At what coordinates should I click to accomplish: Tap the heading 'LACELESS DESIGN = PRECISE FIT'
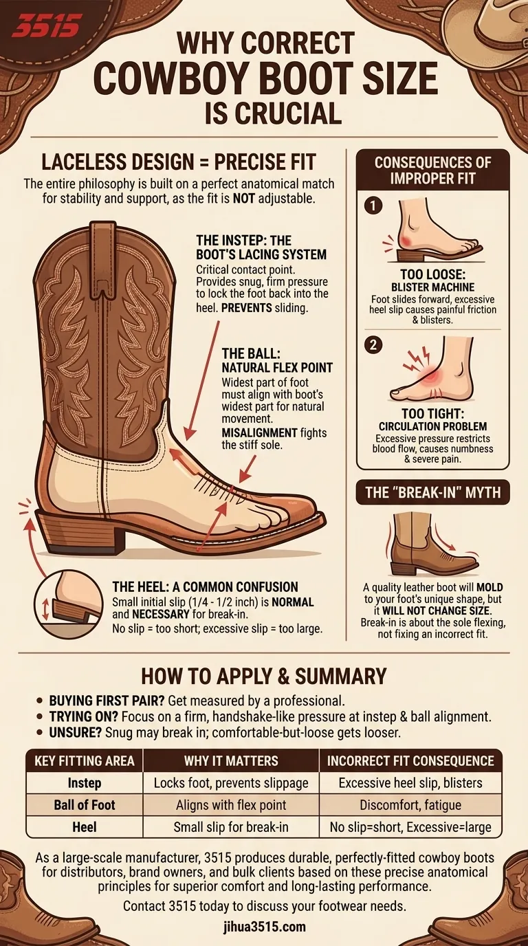click(179, 163)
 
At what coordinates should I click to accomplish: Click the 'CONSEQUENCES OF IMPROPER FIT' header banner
click(432, 170)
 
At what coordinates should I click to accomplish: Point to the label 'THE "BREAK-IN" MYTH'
click(432, 492)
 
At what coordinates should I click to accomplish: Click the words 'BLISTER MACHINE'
click(432, 287)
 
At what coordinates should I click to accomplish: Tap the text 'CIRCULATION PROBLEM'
click(432, 427)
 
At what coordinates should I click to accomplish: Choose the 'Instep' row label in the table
click(85, 782)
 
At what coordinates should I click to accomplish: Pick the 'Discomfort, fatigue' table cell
click(410, 805)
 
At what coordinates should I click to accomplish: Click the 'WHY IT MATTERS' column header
click(231, 760)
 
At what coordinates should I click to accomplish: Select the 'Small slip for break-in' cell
click(231, 827)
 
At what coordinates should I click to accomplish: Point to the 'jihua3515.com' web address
click(264, 927)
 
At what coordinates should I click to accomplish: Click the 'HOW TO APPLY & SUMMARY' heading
click(264, 676)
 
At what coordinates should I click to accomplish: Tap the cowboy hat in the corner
click(492, 24)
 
